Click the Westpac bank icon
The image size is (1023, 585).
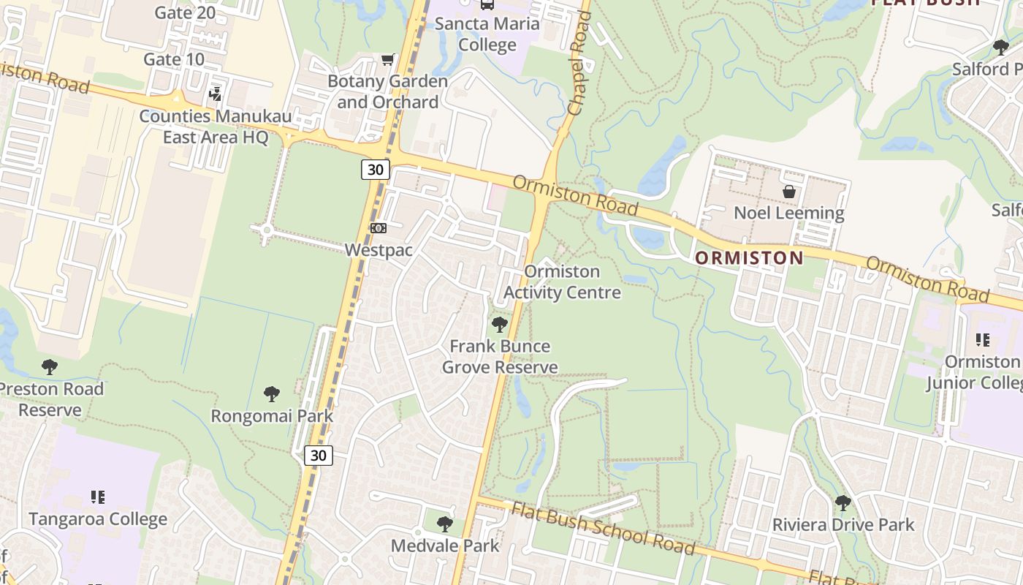378,228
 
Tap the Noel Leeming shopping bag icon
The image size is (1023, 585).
789,192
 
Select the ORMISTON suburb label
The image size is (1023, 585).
748,257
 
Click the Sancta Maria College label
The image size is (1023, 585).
487,34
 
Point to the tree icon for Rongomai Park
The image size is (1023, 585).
272,395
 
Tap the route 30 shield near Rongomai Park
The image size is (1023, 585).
318,456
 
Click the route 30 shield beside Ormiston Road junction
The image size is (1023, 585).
375,170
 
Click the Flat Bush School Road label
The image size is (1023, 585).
602,529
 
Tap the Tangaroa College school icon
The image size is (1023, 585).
97,497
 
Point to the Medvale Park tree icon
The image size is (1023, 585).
444,524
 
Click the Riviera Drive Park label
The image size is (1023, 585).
843,524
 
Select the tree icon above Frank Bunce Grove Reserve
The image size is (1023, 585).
500,324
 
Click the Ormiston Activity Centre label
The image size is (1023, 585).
562,282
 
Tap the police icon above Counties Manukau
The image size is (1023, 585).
215,94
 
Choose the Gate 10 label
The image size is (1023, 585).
174,59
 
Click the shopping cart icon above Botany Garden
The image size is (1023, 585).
387,59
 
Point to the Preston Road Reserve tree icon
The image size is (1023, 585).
50,366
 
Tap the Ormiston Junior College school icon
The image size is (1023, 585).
983,340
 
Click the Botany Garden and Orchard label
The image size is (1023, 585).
387,91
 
